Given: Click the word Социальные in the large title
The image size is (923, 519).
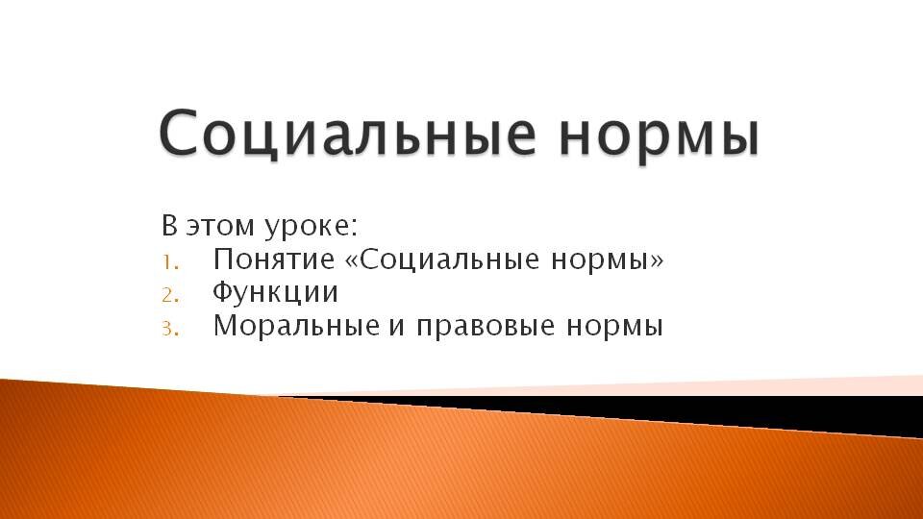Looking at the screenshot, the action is point(348,133).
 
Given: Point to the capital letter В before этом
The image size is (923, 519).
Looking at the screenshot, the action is point(169,226).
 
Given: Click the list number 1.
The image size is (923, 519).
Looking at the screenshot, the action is point(170,262).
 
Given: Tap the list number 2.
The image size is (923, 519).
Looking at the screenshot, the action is point(170,295).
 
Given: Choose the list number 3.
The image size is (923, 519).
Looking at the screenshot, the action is point(170,329).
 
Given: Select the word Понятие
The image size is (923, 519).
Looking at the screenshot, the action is point(274,259).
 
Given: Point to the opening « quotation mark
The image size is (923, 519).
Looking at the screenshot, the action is point(352,261).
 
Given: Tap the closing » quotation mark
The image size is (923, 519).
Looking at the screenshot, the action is point(657,261).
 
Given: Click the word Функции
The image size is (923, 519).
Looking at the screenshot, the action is point(276,292).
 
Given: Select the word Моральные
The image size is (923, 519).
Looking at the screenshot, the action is point(297,326).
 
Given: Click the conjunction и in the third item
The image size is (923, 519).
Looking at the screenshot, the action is point(396,328).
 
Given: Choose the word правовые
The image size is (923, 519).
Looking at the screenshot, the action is point(486,328).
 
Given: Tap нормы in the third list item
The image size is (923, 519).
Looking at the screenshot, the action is point(615,328).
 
